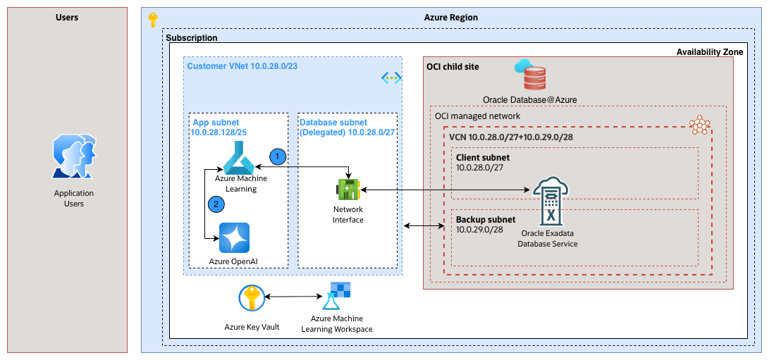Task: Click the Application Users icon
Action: click(73, 158)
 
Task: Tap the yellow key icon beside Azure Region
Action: click(153, 20)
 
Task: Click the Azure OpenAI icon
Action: click(234, 237)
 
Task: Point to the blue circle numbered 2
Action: click(217, 204)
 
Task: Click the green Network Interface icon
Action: click(348, 190)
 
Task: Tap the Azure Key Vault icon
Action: click(251, 298)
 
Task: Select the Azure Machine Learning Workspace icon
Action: click(336, 297)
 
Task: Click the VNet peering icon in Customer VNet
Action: click(391, 77)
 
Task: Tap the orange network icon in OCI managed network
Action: click(699, 125)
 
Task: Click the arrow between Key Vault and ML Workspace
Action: click(293, 297)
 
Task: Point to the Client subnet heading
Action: click(482, 157)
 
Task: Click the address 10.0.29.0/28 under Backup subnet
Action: click(479, 230)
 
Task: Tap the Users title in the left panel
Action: click(67, 17)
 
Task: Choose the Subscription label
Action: click(191, 37)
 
